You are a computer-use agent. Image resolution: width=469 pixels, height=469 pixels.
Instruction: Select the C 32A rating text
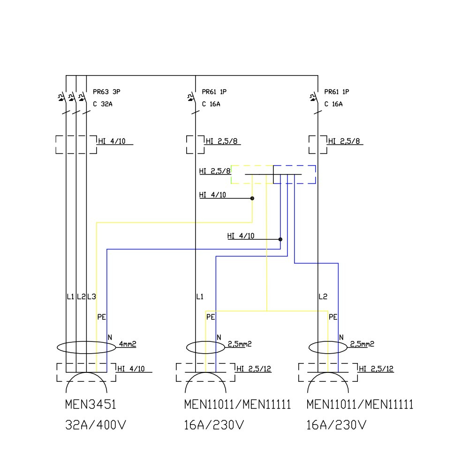point(102,104)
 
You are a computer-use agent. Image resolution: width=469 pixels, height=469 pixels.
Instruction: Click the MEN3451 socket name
point(90,405)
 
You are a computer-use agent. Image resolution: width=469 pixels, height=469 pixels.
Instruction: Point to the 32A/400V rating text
point(96,425)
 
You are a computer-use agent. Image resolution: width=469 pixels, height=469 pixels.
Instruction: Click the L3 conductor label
point(91,297)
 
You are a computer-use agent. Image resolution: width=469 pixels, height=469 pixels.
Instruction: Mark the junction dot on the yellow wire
point(252,198)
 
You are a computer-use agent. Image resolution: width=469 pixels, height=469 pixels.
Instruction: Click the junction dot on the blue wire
point(280,239)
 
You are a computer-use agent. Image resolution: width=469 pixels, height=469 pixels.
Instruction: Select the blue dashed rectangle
point(295,174)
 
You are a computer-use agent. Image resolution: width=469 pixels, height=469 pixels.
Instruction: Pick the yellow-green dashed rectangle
point(252,174)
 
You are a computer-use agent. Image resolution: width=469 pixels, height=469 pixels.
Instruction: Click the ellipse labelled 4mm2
point(86,348)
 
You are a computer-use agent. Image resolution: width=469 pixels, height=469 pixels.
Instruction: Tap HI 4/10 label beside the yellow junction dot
point(212,195)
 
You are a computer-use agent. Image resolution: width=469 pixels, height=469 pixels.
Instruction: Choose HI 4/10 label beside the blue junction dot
point(241,236)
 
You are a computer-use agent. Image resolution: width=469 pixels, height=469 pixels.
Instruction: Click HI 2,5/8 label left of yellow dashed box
point(215,172)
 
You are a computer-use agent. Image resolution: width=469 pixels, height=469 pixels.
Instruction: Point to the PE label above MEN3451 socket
point(101,317)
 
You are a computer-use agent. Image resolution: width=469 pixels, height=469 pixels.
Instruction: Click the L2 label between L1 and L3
point(81,297)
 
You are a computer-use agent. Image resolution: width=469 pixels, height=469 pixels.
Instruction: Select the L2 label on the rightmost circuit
point(323,297)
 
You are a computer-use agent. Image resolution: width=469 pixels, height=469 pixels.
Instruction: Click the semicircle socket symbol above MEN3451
point(86,383)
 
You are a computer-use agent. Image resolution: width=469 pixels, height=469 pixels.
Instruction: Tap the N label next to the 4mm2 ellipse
point(110,337)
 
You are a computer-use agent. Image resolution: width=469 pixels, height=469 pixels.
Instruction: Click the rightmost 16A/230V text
point(336,425)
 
